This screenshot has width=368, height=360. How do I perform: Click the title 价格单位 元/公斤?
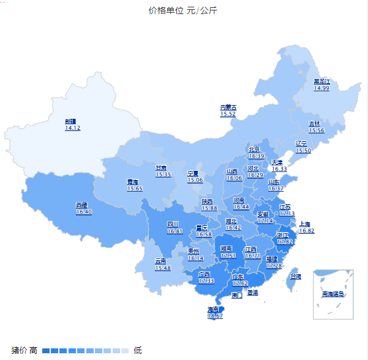pos(182,10)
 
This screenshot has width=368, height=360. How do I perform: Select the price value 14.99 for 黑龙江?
pos(321,88)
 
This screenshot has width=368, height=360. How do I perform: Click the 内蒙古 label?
pos(228,107)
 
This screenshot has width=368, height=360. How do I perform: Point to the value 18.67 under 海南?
pos(215,316)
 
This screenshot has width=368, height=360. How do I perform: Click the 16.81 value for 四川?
pos(175,231)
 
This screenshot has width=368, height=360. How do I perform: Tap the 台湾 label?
pos(295,277)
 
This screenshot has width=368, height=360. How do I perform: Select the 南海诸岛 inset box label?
pos(333,294)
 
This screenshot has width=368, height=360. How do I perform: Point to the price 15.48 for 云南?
pos(162,268)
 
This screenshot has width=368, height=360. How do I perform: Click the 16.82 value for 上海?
pos(307,231)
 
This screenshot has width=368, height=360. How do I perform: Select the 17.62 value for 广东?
pos(240,283)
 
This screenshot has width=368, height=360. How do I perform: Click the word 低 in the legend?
pos(138,350)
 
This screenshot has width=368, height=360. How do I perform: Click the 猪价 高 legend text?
pos(24,350)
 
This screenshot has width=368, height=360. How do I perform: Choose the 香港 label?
pos(253,293)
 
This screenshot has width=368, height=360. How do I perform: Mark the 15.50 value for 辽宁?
pos(303,151)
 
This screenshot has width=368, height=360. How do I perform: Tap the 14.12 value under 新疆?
pos(72,128)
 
